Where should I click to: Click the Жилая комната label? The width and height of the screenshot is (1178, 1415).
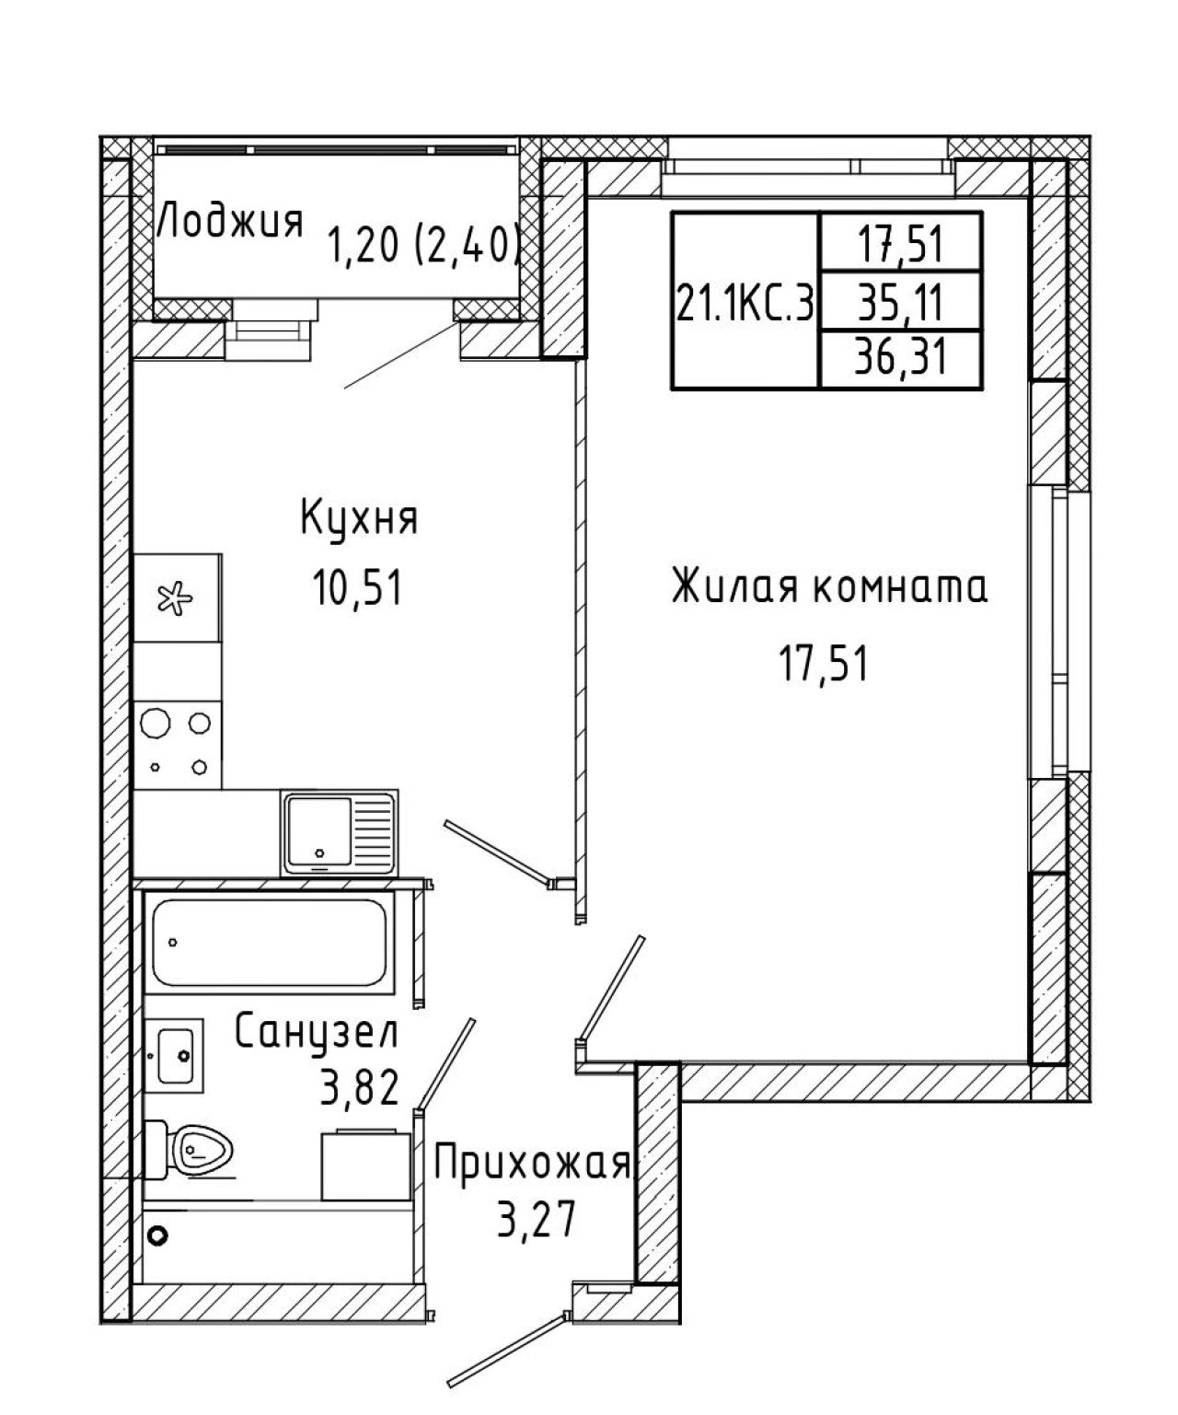click(x=829, y=586)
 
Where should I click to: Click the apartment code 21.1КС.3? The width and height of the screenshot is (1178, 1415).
click(x=745, y=303)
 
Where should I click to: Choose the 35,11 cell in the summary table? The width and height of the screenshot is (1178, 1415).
click(x=900, y=302)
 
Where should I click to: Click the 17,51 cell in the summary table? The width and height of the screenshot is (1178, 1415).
click(x=901, y=245)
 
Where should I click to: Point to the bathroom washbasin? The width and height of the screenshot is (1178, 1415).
click(x=175, y=1055)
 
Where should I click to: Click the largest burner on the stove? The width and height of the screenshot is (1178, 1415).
click(x=156, y=722)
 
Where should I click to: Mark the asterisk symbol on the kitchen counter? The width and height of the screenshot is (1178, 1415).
click(x=175, y=598)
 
